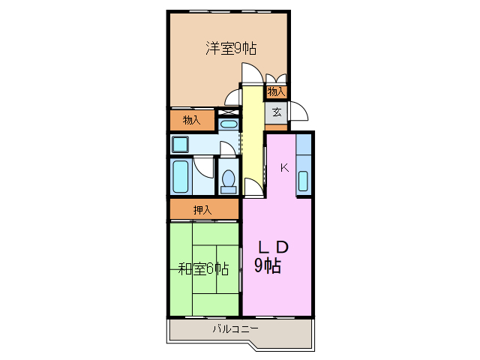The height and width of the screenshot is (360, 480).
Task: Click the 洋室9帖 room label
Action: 232,49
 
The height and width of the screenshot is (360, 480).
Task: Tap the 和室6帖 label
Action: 203,268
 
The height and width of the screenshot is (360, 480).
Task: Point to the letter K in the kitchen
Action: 284,168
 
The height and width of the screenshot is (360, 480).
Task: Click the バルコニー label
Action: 235,328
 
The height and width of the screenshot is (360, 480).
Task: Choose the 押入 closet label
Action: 202,210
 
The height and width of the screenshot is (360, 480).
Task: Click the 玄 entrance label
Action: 277,112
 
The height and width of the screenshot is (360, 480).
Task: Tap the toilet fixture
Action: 228,181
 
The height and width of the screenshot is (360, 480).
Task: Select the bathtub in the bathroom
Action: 181,178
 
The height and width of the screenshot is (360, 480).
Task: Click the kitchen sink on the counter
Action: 303,181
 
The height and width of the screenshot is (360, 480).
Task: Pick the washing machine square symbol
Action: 180,144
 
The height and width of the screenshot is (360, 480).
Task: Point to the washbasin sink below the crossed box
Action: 228,124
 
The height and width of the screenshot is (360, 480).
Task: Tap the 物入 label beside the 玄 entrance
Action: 276,91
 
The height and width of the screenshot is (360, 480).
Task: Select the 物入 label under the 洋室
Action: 192,119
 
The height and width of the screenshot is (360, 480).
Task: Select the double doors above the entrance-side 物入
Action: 276,79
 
